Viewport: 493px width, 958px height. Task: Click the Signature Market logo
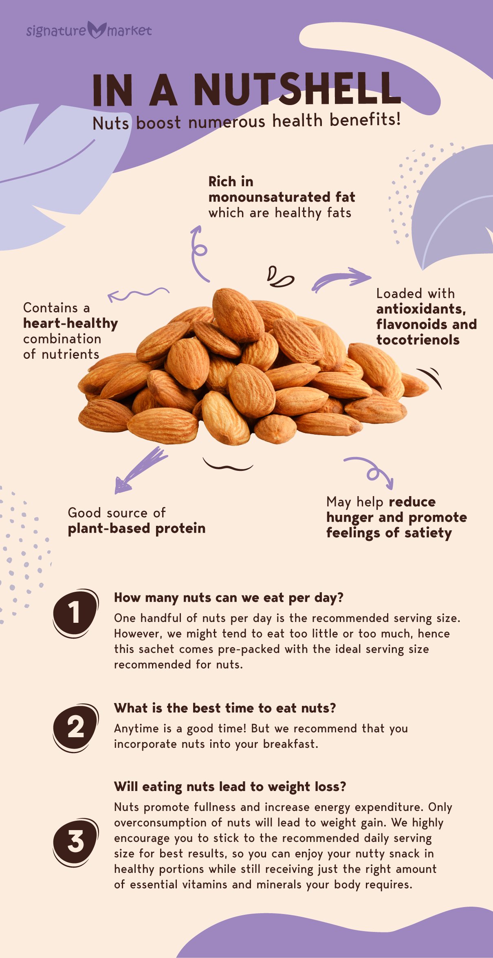coord(89,30)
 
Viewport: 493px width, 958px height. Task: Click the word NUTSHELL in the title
coord(297,90)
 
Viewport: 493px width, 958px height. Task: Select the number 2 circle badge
coord(75,727)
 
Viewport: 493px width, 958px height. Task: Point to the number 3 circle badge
coord(75,842)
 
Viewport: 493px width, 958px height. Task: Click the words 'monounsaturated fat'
coord(282,197)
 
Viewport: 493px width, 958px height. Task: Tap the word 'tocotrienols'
coord(418,340)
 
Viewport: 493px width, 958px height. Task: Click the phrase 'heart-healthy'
coord(70,323)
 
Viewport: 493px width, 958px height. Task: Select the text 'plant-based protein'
coord(136,528)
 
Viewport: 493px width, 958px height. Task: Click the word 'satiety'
coord(428,533)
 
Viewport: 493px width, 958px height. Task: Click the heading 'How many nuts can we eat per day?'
coord(229,598)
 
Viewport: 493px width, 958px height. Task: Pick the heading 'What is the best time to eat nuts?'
coord(225,708)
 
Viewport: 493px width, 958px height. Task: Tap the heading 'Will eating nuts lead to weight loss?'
coord(230,786)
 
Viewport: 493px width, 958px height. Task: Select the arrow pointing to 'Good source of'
coord(141,470)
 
